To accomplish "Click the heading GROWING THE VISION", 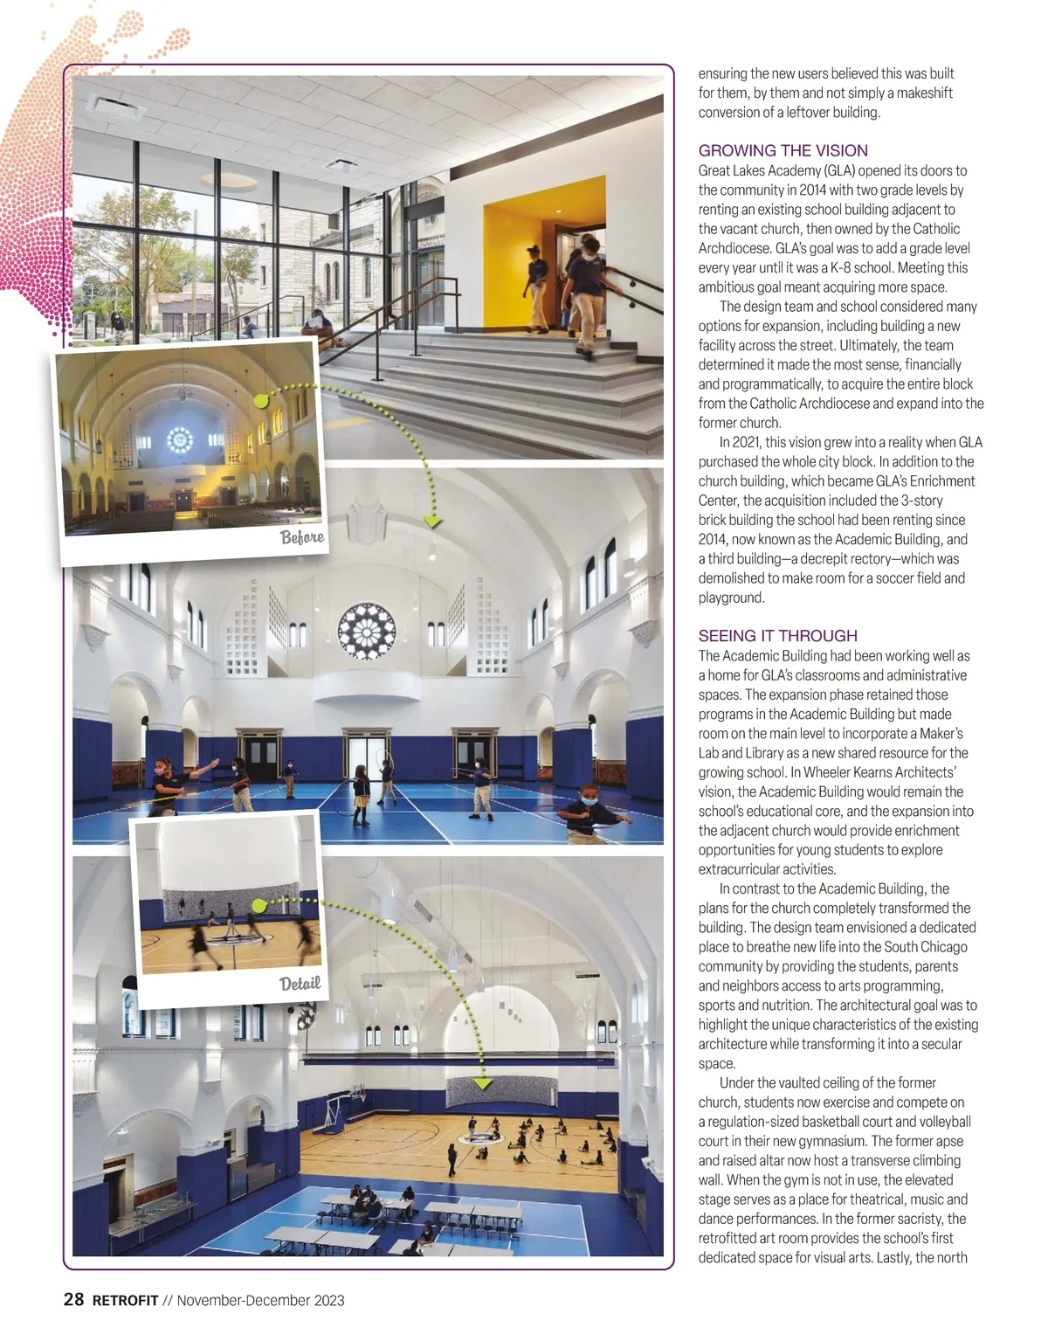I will pyautogui.click(x=783, y=150).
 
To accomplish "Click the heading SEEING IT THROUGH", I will pyautogui.click(x=777, y=635).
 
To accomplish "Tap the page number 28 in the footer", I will pyautogui.click(x=74, y=1300).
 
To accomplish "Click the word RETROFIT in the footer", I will pyautogui.click(x=125, y=1301).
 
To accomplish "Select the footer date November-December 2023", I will pyautogui.click(x=260, y=1301).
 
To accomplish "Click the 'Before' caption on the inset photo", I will pyautogui.click(x=302, y=536).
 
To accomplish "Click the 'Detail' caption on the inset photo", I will pyautogui.click(x=300, y=983).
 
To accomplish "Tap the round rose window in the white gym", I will pyautogui.click(x=367, y=630).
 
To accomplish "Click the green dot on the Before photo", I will pyautogui.click(x=260, y=400).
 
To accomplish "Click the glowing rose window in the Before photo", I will pyautogui.click(x=180, y=439).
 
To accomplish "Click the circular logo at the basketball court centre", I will pyautogui.click(x=477, y=1136).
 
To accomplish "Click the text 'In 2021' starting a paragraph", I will pyautogui.click(x=741, y=442).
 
